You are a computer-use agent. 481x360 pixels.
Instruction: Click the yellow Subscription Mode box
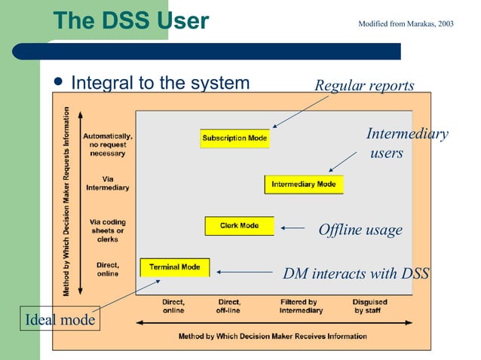pyautogui.click(x=234, y=139)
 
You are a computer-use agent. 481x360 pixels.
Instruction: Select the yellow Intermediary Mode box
pyautogui.click(x=303, y=185)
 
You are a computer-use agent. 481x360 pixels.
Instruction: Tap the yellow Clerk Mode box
pyautogui.click(x=239, y=226)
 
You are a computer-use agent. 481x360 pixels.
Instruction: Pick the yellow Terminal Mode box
pyautogui.click(x=175, y=267)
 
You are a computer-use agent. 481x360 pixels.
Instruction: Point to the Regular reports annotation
pyautogui.click(x=364, y=86)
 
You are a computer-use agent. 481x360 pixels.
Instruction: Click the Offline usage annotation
pyautogui.click(x=360, y=230)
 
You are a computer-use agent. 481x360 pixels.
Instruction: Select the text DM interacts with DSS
pyautogui.click(x=355, y=273)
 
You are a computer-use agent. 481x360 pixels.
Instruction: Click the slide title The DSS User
pyautogui.click(x=131, y=20)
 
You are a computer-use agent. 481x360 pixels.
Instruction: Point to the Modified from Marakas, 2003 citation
pyautogui.click(x=406, y=24)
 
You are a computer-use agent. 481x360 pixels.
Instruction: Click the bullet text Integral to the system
pyautogui.click(x=160, y=83)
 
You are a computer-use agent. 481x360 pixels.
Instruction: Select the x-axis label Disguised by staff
pyautogui.click(x=370, y=306)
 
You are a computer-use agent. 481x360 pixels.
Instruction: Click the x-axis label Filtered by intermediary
pyautogui.click(x=301, y=306)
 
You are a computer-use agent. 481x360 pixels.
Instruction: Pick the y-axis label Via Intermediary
pyautogui.click(x=108, y=183)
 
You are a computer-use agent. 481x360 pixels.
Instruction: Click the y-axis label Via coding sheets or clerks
pyautogui.click(x=108, y=230)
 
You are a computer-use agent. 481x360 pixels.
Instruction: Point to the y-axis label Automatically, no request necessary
pyautogui.click(x=108, y=145)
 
